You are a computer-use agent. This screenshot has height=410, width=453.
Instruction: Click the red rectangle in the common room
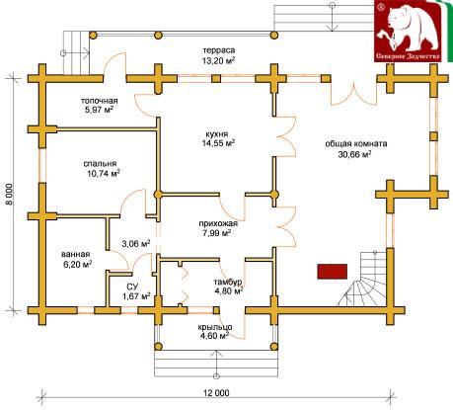point(333,272)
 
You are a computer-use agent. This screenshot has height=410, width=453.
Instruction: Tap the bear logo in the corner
point(409,31)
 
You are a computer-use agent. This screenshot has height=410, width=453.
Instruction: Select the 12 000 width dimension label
point(216,393)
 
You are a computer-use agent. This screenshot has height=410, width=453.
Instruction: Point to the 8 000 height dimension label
point(9,195)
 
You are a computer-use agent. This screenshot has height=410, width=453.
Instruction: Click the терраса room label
point(219,50)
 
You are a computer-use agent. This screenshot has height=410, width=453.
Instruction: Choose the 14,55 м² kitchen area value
point(219,143)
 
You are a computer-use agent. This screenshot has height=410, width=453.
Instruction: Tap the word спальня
point(100,164)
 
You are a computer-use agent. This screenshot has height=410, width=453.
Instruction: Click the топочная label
point(99,101)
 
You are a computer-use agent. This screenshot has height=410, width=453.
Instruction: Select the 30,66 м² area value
point(355,154)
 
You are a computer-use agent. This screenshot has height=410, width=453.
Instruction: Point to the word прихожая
point(218,224)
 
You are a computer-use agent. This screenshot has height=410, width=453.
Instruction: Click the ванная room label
point(76,255)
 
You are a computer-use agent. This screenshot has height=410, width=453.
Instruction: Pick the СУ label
point(134,286)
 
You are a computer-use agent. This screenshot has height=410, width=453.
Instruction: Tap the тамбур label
point(228,283)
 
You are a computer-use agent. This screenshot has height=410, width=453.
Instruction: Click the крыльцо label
point(215,327)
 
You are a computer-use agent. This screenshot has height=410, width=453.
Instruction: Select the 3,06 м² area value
point(136,244)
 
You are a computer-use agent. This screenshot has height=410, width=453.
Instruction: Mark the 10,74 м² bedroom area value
point(104,173)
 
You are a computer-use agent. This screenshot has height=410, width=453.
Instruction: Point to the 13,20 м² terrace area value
point(219,59)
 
